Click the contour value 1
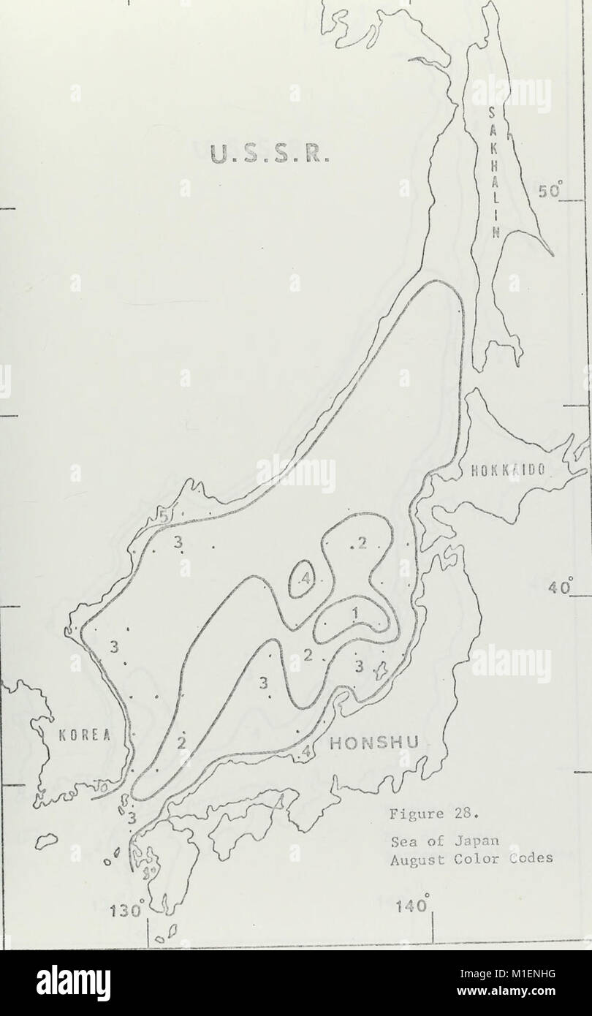tap(355, 614)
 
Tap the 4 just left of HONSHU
tap(306, 751)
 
